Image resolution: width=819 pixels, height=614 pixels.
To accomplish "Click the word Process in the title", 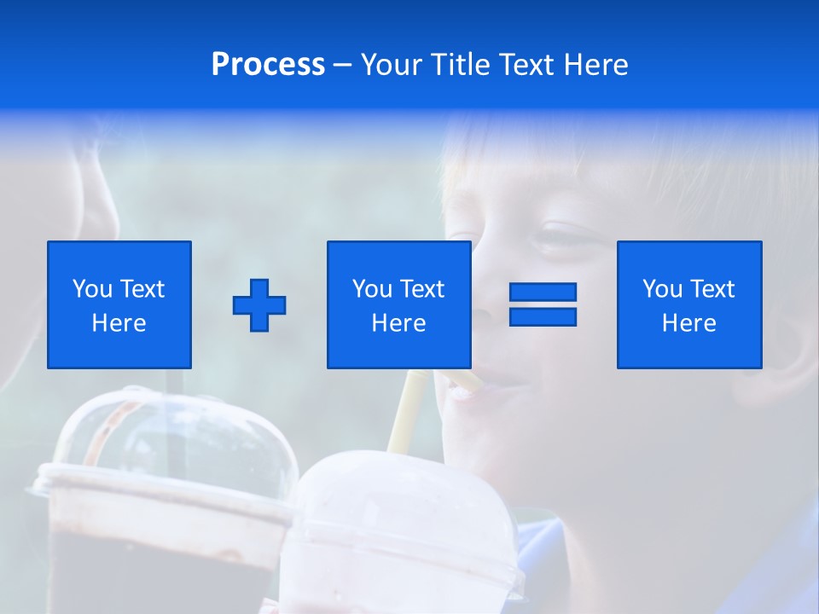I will (x=268, y=65).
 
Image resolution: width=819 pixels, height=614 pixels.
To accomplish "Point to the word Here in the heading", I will (x=594, y=65).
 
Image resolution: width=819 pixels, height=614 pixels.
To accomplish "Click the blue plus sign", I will (x=259, y=305).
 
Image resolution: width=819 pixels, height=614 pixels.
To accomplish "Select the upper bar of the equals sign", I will (x=543, y=293).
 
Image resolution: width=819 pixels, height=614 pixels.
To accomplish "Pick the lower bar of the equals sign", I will (x=543, y=316).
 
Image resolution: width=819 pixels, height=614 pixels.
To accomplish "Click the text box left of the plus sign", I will (x=119, y=304).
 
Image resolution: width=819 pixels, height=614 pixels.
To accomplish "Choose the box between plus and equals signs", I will (x=398, y=304).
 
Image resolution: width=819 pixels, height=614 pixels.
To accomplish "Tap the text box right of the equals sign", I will (x=688, y=304).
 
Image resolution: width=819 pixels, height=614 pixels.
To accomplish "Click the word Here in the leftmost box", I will (x=119, y=323).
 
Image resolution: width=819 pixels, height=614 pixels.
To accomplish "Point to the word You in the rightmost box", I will (x=662, y=289).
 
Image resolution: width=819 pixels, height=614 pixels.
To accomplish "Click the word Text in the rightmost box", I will (x=712, y=289).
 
